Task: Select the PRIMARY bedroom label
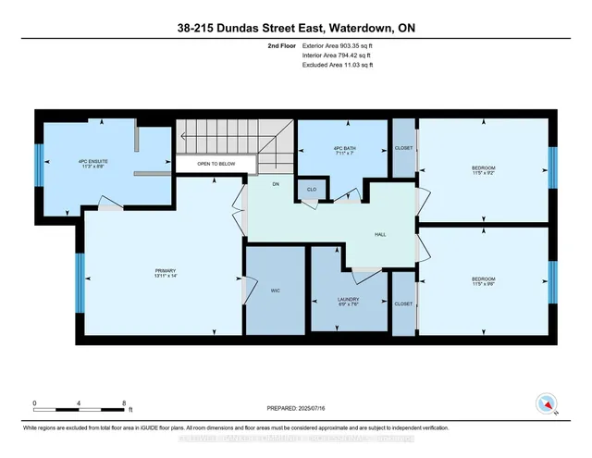[x=165, y=273]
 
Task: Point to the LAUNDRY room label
[x=348, y=301]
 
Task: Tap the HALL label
[x=380, y=235]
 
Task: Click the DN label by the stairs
[x=276, y=184]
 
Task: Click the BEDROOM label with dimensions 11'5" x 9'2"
[x=483, y=169]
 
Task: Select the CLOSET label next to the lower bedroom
[x=403, y=303]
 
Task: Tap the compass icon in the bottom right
[x=547, y=404]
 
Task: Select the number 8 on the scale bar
[x=124, y=403]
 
